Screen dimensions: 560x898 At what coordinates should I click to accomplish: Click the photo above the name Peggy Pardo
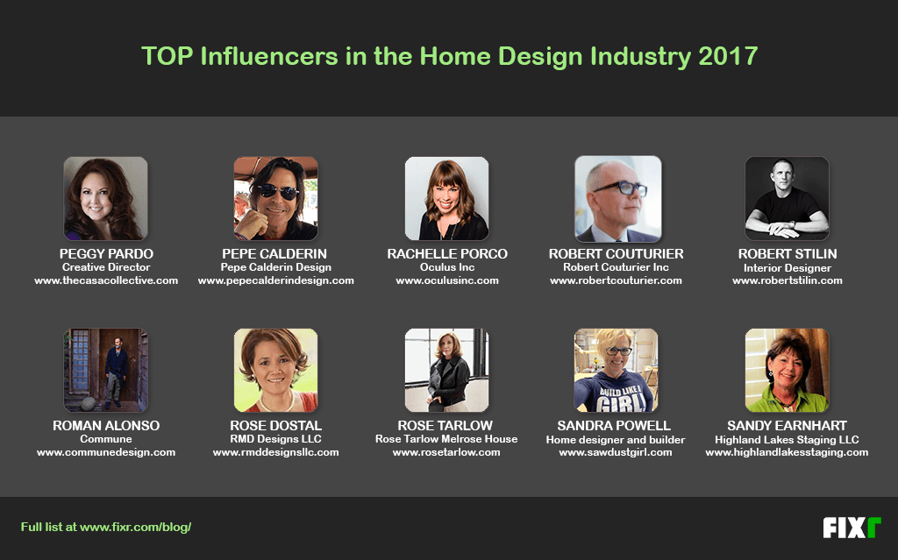105,198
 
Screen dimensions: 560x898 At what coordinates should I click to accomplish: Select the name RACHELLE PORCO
447,254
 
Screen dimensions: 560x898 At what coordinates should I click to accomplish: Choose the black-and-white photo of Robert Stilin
787,198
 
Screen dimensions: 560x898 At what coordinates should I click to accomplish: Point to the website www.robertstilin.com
787,280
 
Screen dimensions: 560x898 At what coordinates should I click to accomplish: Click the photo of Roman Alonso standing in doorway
105,370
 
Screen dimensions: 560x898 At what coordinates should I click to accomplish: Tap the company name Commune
105,439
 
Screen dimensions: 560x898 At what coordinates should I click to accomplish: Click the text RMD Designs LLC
275,439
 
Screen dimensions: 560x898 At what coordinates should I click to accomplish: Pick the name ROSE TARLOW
446,426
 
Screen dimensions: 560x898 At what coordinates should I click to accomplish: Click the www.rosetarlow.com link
446,452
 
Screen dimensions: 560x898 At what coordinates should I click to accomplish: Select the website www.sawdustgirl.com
615,452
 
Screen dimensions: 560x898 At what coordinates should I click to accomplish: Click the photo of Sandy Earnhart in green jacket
787,370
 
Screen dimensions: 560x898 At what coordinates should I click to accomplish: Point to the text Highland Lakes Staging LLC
787,439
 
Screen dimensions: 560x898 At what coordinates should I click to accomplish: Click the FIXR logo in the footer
851,528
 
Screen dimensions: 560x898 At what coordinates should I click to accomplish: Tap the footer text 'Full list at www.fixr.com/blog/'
106,528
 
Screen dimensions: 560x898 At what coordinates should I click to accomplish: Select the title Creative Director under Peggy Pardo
105,267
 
